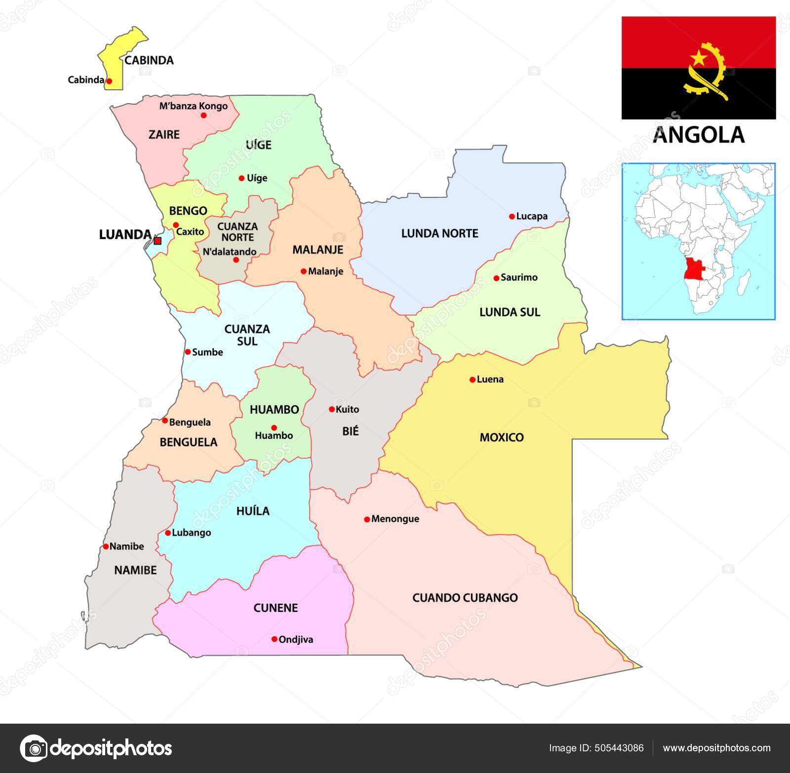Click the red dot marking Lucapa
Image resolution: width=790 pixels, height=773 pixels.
point(512,216)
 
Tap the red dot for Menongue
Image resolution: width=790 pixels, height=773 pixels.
point(367,519)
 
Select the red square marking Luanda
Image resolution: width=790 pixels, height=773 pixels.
point(158,241)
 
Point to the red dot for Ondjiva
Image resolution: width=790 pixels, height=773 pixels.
point(275,639)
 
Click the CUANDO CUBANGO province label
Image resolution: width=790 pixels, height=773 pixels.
point(465,598)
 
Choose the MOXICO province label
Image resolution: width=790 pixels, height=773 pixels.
point(502,437)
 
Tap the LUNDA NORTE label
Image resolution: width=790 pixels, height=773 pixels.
point(439,233)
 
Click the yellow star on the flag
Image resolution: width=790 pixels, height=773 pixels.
point(699,58)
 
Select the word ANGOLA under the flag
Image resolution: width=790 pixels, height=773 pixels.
point(698,134)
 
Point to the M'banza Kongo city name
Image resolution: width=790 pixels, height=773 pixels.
point(194,106)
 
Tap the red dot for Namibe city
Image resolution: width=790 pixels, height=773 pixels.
point(106,546)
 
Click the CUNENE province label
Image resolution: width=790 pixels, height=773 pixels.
point(276,608)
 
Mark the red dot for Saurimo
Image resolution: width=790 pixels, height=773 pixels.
point(496,278)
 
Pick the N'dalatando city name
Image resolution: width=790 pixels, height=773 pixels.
point(230,252)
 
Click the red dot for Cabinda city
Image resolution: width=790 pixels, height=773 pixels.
point(109,81)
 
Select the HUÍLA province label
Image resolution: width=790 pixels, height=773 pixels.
point(253,511)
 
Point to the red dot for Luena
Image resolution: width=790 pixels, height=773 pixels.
point(473,380)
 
